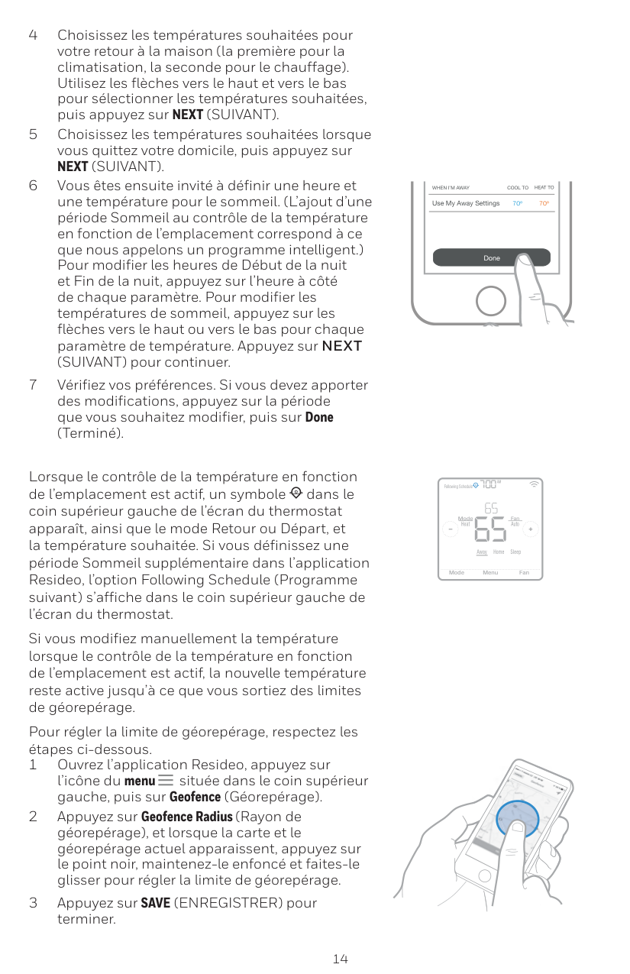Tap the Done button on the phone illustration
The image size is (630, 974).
click(491, 258)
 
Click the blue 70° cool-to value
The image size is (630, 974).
click(518, 204)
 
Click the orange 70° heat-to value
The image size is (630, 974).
click(544, 204)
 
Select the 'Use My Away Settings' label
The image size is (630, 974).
click(466, 204)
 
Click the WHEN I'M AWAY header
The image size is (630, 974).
click(451, 188)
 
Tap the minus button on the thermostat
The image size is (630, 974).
click(449, 529)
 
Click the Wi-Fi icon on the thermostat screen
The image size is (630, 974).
click(534, 484)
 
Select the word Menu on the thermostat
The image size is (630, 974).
click(490, 572)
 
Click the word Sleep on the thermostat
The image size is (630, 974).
click(515, 552)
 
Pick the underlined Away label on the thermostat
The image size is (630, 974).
click(482, 552)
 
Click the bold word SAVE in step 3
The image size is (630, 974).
click(156, 903)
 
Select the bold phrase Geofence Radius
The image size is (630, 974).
click(186, 817)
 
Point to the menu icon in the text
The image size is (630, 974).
click(166, 781)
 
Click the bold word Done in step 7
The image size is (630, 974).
click(319, 417)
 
